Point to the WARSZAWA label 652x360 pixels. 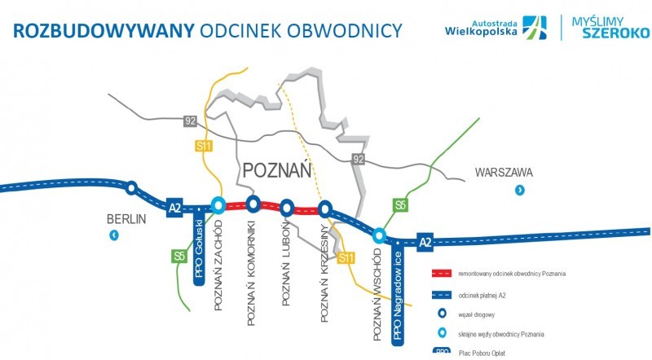504,173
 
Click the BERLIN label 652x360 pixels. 126,218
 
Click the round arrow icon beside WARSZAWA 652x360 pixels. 519,191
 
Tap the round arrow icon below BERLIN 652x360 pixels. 114,236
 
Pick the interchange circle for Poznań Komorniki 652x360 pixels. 253,204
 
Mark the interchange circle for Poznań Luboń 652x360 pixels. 287,206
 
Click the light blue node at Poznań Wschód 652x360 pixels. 379,235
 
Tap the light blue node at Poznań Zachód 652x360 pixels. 218,205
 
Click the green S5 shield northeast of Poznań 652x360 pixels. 400,204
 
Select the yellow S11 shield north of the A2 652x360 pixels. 203,146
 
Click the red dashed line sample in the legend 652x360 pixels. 442,274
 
